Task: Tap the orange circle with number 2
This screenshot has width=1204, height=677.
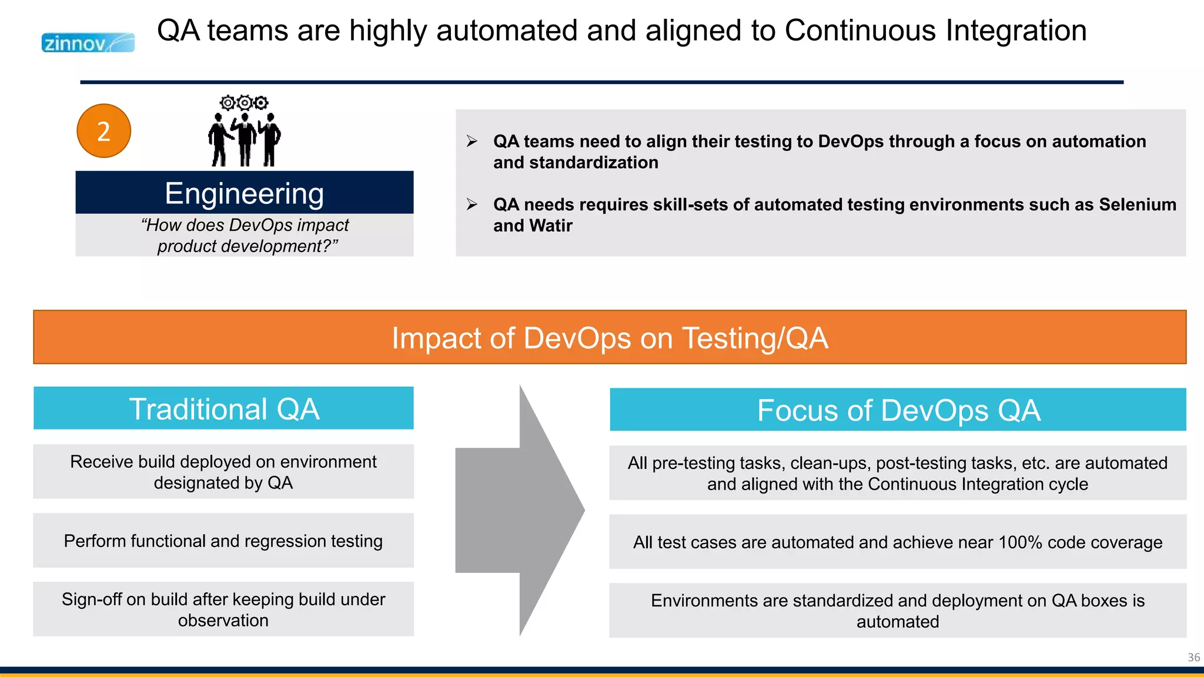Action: (x=103, y=131)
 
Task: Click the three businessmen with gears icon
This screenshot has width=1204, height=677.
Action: (x=244, y=132)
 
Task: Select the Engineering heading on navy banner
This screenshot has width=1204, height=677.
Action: (x=244, y=193)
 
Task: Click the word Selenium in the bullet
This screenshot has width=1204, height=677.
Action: (x=1138, y=205)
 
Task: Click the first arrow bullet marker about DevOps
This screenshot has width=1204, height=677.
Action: (x=472, y=141)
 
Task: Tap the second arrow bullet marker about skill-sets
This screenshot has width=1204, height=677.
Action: (x=472, y=205)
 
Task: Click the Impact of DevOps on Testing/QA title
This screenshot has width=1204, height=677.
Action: (x=610, y=338)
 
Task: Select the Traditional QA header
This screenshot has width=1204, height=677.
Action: (x=223, y=408)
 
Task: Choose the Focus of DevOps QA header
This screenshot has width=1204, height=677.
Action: (x=898, y=410)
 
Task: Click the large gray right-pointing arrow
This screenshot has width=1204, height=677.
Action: (x=520, y=510)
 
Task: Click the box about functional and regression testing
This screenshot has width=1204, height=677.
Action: (x=223, y=541)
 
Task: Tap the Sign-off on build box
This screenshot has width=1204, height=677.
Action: (x=223, y=609)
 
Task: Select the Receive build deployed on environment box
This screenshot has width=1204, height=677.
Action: (x=223, y=472)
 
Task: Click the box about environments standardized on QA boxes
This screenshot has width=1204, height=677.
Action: (x=898, y=611)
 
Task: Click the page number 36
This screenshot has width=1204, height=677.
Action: (x=1193, y=657)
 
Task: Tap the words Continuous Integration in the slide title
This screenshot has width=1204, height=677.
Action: (x=935, y=31)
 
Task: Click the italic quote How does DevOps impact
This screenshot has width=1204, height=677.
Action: (x=246, y=226)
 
